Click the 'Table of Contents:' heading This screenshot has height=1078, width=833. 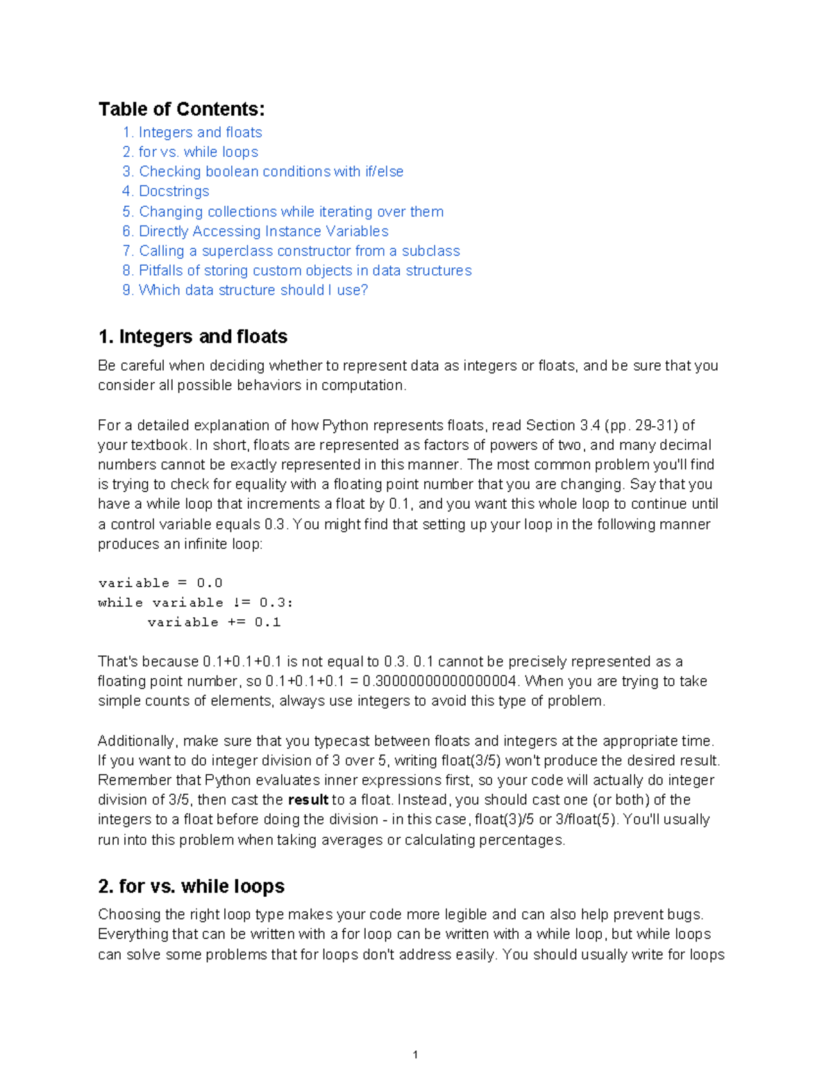point(181,109)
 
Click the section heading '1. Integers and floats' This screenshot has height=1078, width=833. point(193,337)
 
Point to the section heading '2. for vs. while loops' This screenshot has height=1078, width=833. point(192,886)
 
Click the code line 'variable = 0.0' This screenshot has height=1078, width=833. point(160,583)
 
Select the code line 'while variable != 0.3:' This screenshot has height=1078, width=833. point(196,603)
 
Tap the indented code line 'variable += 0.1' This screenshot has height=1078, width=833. point(214,622)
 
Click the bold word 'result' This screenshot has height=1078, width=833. point(308,800)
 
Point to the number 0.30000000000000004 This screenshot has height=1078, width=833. point(440,681)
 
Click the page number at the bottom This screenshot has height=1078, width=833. point(415,1055)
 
